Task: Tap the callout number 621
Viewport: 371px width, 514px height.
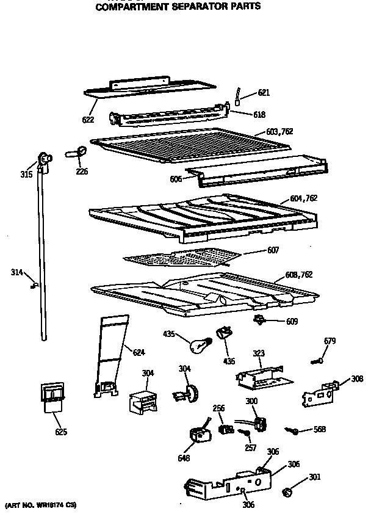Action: click(x=263, y=93)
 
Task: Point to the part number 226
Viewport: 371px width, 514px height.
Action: click(x=82, y=172)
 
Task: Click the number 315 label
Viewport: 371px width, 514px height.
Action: click(x=25, y=175)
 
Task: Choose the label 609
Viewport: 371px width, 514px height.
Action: click(x=292, y=322)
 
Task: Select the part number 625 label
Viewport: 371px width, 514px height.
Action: click(x=60, y=432)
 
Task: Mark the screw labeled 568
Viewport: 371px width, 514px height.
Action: click(x=295, y=432)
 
